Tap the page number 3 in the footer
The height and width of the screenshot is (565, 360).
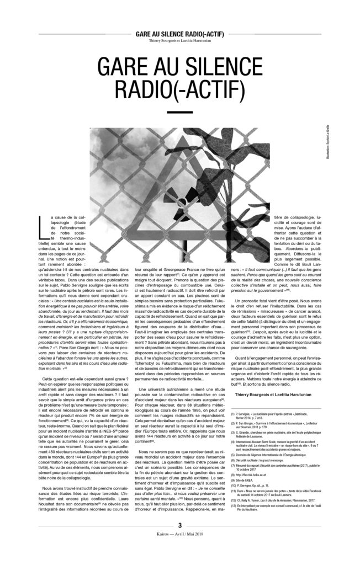click(x=180, y=540)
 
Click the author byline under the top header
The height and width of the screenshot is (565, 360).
click(x=179, y=40)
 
